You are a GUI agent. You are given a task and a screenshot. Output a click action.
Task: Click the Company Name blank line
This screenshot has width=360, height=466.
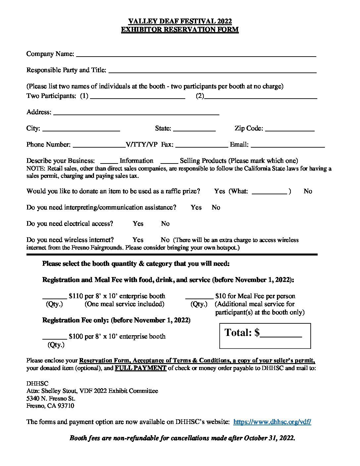pyautogui.click(x=196, y=54)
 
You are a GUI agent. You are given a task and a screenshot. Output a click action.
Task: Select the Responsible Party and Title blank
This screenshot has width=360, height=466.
pyautogui.click(x=212, y=70)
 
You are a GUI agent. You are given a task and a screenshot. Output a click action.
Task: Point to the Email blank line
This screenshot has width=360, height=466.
pyautogui.click(x=288, y=145)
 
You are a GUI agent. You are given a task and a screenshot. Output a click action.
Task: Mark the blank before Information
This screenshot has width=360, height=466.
pyautogui.click(x=109, y=161)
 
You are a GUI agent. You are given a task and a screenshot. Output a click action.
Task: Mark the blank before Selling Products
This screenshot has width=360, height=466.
pyautogui.click(x=169, y=161)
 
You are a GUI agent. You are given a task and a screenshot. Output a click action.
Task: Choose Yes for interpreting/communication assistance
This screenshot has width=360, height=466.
pyautogui.click(x=196, y=208)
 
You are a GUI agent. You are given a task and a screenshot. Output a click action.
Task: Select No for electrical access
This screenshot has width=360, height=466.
pyautogui.click(x=165, y=224)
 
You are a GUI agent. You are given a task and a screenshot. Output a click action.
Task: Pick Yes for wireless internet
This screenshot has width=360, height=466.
pyautogui.click(x=138, y=240)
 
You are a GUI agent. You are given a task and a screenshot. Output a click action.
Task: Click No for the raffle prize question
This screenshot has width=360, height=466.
pyautogui.click(x=308, y=191)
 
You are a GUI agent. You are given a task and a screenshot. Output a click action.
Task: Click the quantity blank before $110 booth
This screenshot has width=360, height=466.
pyautogui.click(x=55, y=296)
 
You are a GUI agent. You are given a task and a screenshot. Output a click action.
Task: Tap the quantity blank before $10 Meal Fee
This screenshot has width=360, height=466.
pyautogui.click(x=199, y=296)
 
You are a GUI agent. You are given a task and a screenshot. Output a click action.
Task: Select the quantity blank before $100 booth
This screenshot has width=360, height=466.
pyautogui.click(x=55, y=336)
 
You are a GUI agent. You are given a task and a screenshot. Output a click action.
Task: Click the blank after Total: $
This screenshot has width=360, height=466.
pyautogui.click(x=281, y=333)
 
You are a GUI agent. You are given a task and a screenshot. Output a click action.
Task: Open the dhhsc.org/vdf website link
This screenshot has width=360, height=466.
pyautogui.click(x=272, y=422)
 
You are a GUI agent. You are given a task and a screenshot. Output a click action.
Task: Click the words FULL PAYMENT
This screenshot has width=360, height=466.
pyautogui.click(x=140, y=368)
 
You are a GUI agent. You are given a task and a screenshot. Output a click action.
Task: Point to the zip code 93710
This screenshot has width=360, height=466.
pyautogui.click(x=66, y=406)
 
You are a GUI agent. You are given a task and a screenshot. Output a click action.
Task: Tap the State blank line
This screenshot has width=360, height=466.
pyautogui.click(x=194, y=128)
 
